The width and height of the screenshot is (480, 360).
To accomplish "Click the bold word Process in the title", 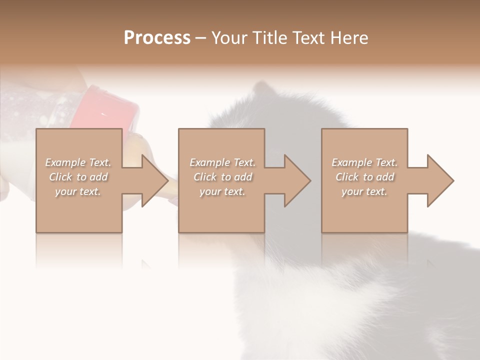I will [x=157, y=38].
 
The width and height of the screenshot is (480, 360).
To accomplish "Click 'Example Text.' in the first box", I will [x=78, y=162].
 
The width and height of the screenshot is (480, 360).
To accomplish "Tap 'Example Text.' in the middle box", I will [x=222, y=162].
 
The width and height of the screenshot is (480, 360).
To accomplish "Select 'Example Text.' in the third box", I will [x=364, y=162].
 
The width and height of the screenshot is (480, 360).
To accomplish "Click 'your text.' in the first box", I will [x=78, y=191].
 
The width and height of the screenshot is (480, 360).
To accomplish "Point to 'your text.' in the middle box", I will [x=222, y=191].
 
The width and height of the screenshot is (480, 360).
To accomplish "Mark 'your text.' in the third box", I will [x=364, y=191].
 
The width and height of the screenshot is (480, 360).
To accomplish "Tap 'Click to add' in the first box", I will [x=78, y=177].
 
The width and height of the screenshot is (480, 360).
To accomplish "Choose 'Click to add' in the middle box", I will [x=222, y=177].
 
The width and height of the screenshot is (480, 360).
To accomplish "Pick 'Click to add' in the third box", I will [x=364, y=177].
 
